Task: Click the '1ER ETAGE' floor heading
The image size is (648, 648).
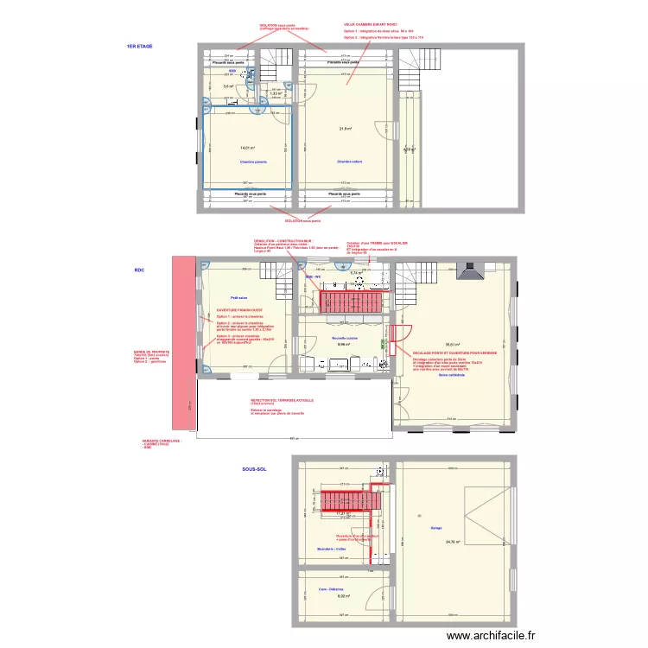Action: [x=139, y=46]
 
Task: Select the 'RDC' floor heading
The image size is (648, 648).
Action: [x=139, y=270]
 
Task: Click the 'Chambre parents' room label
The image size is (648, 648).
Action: [x=253, y=162]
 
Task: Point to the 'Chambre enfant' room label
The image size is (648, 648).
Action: [x=349, y=162]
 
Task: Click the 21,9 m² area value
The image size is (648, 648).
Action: [x=346, y=130]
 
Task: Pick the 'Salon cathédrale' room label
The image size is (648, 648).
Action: [x=451, y=374]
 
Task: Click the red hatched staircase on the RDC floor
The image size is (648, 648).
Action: [x=350, y=302]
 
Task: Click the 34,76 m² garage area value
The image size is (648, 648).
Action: [x=452, y=542]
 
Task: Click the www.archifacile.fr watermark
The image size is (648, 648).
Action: [x=492, y=635]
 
